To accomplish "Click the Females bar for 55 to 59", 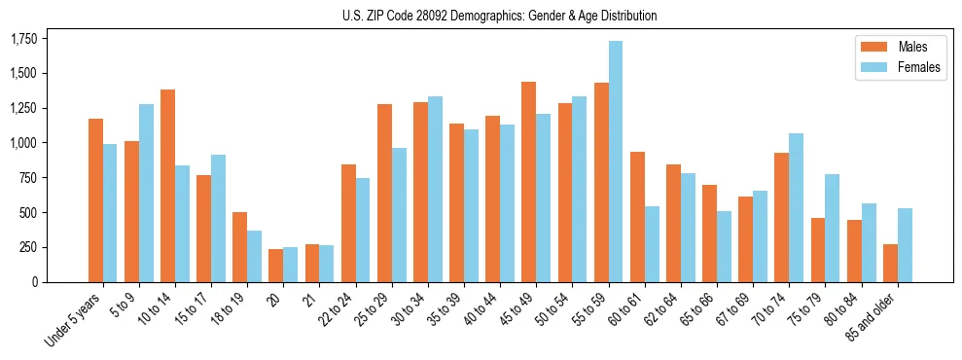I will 616,162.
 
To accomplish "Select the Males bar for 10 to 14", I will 168,186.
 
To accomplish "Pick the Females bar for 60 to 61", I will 652,244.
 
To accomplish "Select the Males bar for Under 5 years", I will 96,200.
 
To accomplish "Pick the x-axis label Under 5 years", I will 73,322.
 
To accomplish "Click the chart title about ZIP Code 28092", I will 499,16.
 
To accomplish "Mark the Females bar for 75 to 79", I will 833,228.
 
